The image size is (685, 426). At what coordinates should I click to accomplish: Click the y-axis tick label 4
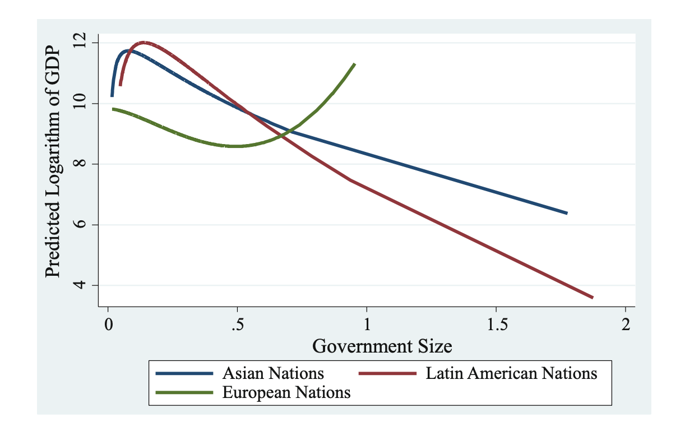click(x=80, y=284)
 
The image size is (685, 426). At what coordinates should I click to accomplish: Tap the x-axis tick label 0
click(x=108, y=325)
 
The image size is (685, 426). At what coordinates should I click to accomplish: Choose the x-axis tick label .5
click(x=238, y=325)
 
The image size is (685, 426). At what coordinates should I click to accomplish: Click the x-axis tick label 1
click(x=367, y=325)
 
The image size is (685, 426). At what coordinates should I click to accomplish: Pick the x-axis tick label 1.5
click(x=497, y=325)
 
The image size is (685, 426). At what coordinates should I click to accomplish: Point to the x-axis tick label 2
click(x=626, y=325)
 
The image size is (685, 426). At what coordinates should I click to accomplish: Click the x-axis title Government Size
click(x=382, y=346)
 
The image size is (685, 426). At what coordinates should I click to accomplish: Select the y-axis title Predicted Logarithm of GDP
click(x=53, y=162)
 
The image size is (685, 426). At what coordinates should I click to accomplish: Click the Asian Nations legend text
click(x=273, y=373)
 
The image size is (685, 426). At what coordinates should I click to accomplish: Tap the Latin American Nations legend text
click(x=511, y=373)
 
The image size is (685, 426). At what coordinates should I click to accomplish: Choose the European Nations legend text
click(x=286, y=393)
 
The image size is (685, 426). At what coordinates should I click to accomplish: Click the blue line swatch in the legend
click(x=184, y=373)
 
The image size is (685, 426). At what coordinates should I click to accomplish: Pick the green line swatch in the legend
click(x=184, y=393)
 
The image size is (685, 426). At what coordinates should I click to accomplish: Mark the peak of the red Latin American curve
click(x=143, y=42)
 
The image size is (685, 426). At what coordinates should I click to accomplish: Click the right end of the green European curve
click(x=355, y=63)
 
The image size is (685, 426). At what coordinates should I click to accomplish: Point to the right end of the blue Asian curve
click(x=567, y=213)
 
